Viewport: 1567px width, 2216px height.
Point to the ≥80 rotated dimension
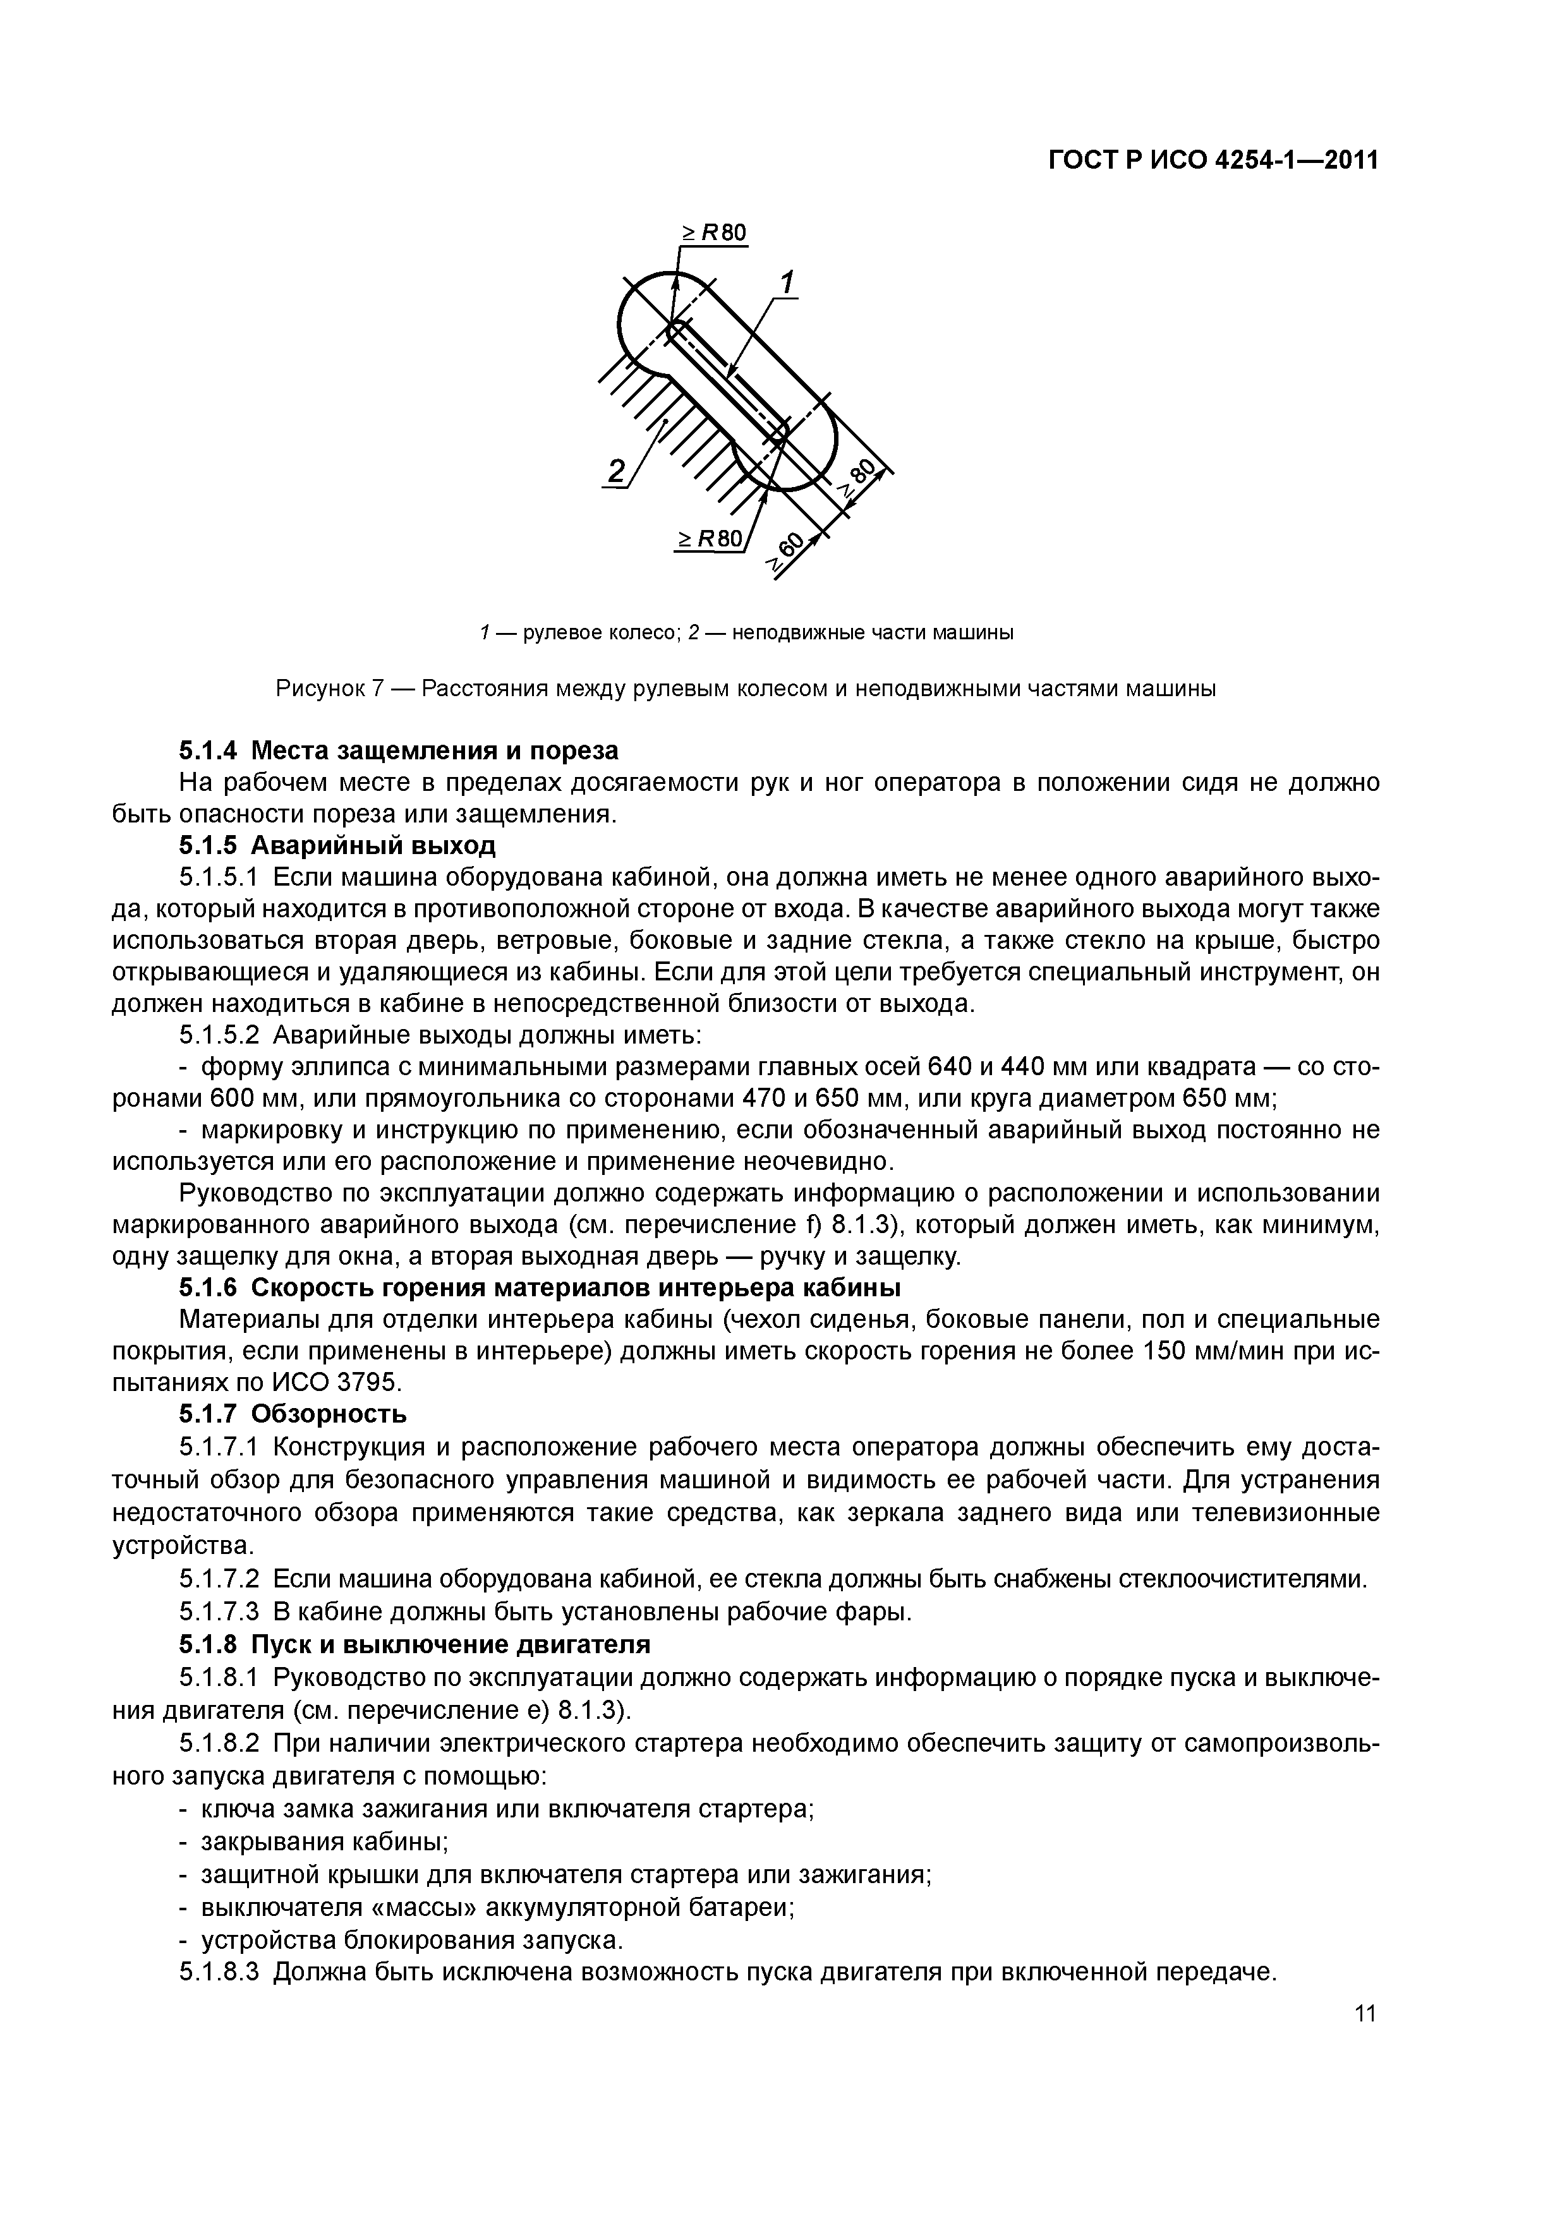click(858, 479)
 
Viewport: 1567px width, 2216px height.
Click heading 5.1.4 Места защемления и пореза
click(399, 750)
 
